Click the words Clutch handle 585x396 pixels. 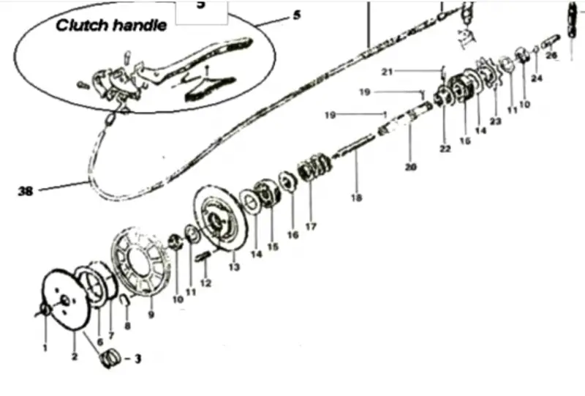point(112,26)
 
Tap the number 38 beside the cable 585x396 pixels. point(26,192)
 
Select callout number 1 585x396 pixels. point(45,348)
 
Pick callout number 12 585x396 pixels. point(205,283)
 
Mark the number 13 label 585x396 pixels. point(234,266)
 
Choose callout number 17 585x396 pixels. point(311,227)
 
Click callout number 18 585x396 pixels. point(357,197)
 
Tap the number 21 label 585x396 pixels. point(388,71)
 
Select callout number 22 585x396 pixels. point(445,149)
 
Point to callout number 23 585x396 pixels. point(495,122)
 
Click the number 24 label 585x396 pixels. point(537,78)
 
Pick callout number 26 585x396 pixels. point(551,56)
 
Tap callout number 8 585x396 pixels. point(127,326)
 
